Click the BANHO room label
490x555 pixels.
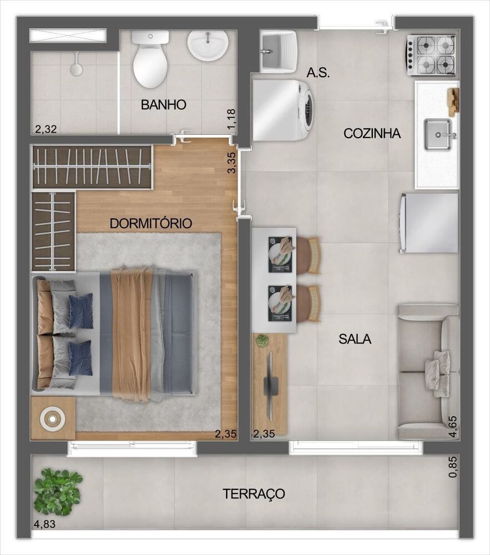(x=163, y=105)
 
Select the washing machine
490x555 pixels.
(x=282, y=110)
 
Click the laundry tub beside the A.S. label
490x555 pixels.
(x=277, y=52)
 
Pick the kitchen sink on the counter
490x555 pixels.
(x=439, y=134)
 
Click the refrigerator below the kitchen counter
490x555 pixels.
(x=428, y=223)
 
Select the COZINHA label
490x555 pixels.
(x=372, y=133)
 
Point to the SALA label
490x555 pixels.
(x=355, y=339)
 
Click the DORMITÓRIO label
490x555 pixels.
(x=151, y=224)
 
